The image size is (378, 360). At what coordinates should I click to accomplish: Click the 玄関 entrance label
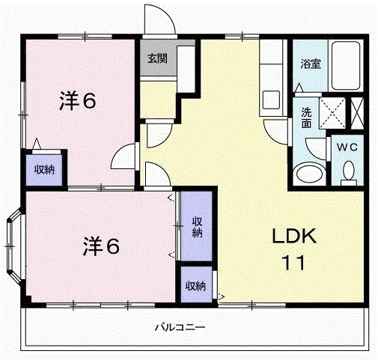[x=157, y=58]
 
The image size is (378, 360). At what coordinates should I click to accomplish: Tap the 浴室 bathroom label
[x=311, y=64]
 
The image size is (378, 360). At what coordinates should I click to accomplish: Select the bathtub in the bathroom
[x=346, y=66]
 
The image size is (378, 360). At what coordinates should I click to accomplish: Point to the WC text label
[x=347, y=147]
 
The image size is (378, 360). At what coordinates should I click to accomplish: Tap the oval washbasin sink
[x=309, y=174]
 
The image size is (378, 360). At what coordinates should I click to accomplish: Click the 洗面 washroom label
[x=306, y=118]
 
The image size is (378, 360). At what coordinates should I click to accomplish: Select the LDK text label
[x=294, y=236]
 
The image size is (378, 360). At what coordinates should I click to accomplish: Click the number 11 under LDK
[x=293, y=262]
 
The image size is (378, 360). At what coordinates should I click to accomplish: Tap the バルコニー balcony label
[x=180, y=326]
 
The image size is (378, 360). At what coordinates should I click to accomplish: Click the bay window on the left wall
[x=14, y=246]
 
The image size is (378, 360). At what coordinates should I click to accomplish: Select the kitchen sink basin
[x=271, y=100]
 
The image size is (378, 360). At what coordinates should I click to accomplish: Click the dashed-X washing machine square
[x=332, y=113]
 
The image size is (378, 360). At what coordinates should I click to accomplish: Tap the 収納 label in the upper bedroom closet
[x=44, y=170]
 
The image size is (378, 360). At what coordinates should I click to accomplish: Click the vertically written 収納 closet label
[x=197, y=227]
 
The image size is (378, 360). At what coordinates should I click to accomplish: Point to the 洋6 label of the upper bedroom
[x=78, y=101]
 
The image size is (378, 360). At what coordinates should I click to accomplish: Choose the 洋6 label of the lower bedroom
[x=101, y=246]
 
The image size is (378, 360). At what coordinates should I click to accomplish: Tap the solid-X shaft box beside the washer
[x=357, y=113]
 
